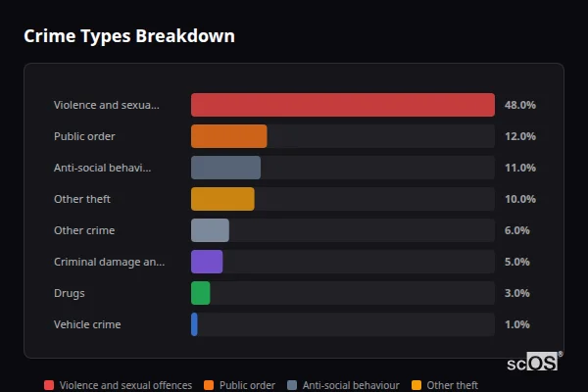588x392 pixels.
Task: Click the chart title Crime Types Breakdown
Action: tap(129, 36)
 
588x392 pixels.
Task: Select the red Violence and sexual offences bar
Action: tap(342, 105)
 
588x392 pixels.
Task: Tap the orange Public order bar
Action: tap(228, 136)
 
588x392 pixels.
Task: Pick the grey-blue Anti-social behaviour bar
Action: tap(225, 168)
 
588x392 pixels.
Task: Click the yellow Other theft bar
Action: tap(222, 199)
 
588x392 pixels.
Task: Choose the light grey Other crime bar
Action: tap(210, 230)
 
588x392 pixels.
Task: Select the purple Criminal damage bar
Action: tap(207, 262)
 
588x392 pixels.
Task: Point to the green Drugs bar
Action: tap(200, 293)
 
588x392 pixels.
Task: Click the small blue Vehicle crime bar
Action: tap(194, 324)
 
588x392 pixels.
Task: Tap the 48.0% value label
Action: tap(519, 105)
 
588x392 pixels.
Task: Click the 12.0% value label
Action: tap(519, 136)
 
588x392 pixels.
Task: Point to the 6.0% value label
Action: tap(516, 230)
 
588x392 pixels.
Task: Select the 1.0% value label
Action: tap(516, 324)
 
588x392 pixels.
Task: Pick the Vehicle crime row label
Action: tap(87, 324)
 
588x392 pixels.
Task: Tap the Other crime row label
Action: tap(84, 230)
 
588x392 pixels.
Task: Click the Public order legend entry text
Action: tap(247, 385)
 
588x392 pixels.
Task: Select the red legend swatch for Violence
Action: tap(49, 385)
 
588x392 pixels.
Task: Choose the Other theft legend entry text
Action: tap(452, 385)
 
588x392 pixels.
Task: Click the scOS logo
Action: tap(534, 363)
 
